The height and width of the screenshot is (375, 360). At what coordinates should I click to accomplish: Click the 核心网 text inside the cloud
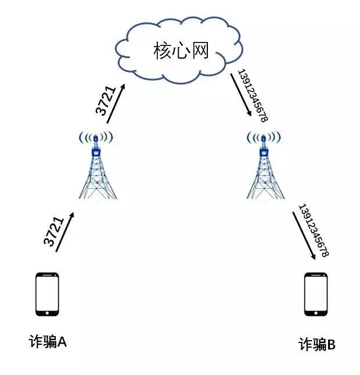point(181,51)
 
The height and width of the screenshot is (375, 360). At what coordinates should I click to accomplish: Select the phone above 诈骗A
point(47,294)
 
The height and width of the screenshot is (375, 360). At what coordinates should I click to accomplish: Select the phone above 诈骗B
point(316,294)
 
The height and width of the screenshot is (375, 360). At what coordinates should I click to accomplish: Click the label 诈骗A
point(48,341)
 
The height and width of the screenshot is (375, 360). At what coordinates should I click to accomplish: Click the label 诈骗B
point(317,344)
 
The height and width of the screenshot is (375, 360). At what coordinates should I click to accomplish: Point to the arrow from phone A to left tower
point(64,232)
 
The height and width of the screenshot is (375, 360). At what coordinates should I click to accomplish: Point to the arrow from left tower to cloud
point(116,103)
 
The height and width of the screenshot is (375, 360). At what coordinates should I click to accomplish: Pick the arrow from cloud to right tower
point(241,95)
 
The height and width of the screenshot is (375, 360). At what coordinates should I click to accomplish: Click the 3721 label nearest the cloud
point(105,101)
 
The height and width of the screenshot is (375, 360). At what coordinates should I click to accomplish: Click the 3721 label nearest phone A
point(53,231)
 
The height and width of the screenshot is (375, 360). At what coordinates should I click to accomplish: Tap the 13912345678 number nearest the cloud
point(253,95)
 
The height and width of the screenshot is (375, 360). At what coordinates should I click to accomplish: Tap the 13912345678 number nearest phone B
point(314,230)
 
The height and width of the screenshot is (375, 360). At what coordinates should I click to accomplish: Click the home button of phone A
point(47,313)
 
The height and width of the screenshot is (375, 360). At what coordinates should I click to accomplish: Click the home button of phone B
point(316,313)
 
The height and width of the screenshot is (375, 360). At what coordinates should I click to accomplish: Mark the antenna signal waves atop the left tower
point(96,138)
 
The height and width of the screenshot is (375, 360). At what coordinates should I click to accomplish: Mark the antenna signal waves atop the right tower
point(264,138)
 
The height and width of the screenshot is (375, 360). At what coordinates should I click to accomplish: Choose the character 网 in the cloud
point(200,51)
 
